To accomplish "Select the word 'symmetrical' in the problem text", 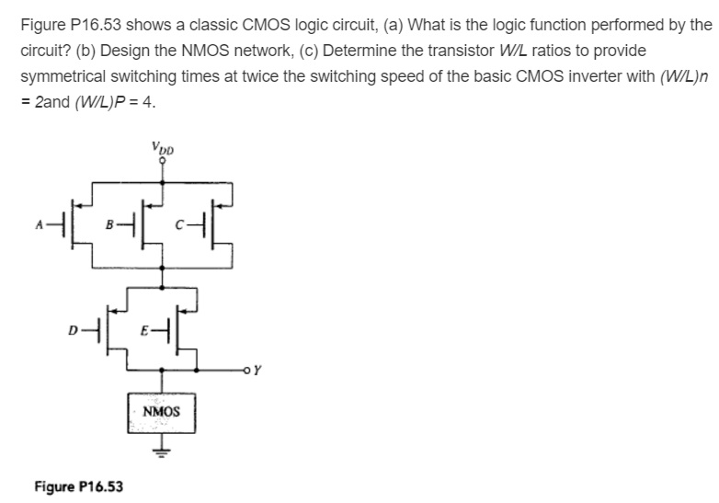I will [x=64, y=75].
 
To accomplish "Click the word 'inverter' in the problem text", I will [x=542, y=75].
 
